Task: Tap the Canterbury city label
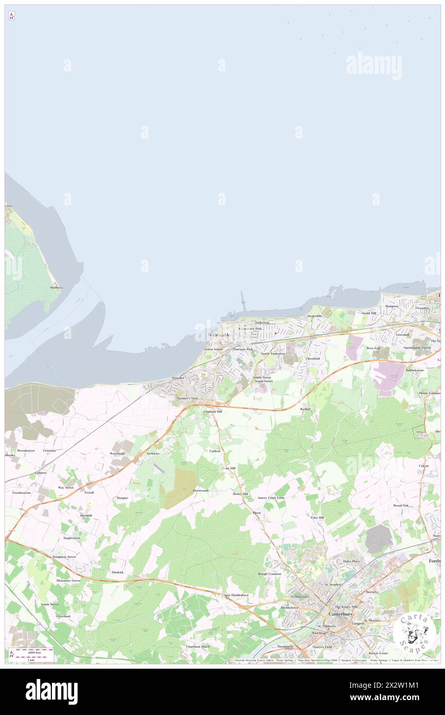pos(341,614)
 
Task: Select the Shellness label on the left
pos(56,288)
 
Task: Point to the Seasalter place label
pos(178,379)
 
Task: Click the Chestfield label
pos(312,358)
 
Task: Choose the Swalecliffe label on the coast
pos(314,316)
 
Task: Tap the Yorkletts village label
pos(153,453)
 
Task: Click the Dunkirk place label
pos(117,572)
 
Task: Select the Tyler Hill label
pos(317,517)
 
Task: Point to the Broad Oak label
pos(401,505)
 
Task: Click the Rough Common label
pos(269,574)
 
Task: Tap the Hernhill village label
pos(86,515)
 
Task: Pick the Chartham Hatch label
pos(198,647)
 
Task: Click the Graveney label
pos(49,450)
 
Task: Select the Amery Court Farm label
pos(271,498)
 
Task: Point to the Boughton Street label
pos(64,557)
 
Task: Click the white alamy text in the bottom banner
pos(51,691)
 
